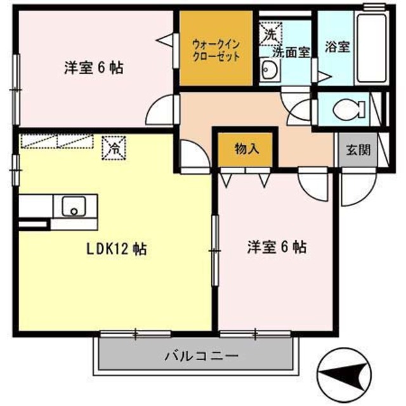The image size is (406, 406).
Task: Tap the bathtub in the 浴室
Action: coord(372,48)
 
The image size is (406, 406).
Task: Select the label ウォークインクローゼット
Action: coord(216,50)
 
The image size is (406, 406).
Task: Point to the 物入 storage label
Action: coord(246,150)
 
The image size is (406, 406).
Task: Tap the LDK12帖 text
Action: coord(116,249)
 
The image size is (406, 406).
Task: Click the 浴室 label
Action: coord(337,48)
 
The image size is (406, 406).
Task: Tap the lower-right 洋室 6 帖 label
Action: coord(277,247)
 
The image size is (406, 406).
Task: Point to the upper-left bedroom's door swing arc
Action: coord(160,111)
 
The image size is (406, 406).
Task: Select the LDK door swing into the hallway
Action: coord(191,155)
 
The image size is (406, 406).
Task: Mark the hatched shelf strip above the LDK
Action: coord(57,143)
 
